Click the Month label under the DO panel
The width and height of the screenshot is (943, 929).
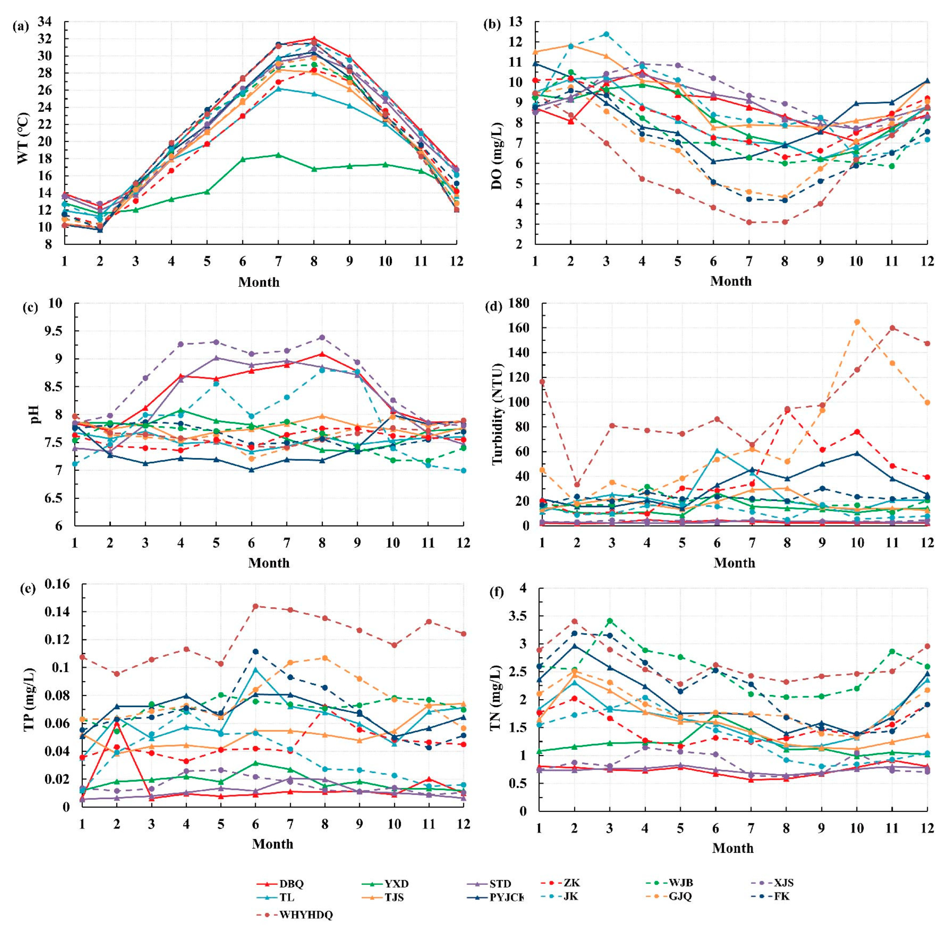(731, 281)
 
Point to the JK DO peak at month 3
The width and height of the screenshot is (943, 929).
(606, 34)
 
